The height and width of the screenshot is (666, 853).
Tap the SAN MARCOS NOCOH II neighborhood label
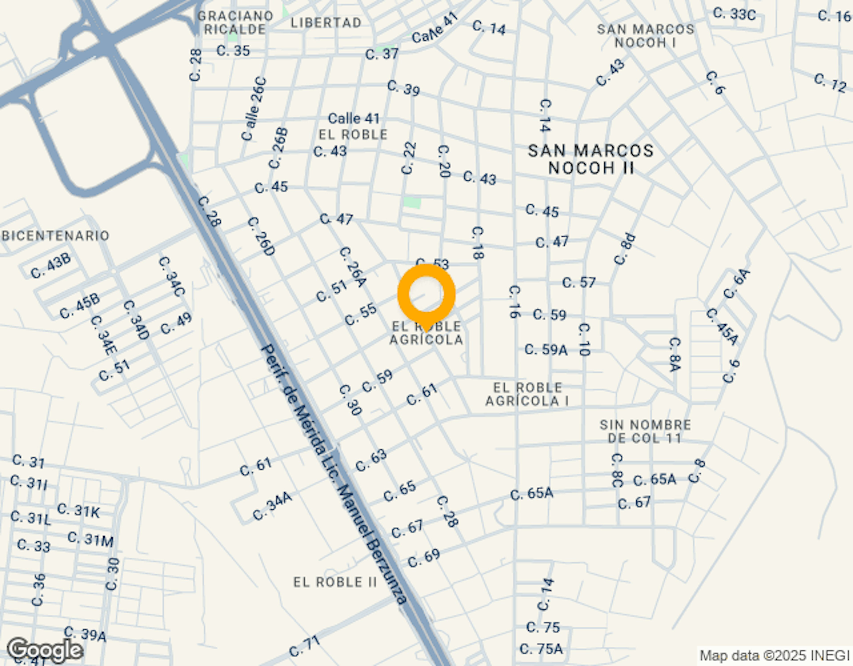(x=591, y=159)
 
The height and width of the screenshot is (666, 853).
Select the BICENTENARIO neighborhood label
(x=56, y=236)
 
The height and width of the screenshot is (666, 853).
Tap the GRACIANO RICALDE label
(x=235, y=23)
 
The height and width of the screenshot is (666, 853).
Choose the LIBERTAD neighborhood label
(x=326, y=23)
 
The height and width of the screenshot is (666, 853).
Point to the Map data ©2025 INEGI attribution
(x=774, y=656)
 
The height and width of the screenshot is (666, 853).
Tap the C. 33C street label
(x=734, y=14)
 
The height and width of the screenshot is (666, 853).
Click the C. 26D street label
(x=261, y=237)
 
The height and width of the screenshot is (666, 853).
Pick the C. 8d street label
(x=624, y=249)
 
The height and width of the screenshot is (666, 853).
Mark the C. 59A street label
(x=546, y=349)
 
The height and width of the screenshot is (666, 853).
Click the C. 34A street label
(x=272, y=506)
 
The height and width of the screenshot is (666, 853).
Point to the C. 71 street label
(x=305, y=646)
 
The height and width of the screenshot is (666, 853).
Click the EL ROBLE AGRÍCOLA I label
(x=527, y=394)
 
